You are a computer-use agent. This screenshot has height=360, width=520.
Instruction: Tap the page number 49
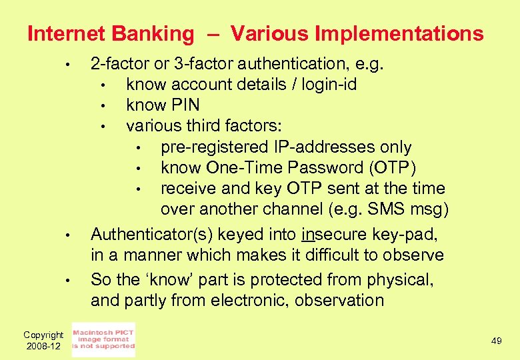click(496, 341)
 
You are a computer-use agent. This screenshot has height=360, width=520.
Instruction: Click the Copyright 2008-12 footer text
click(43, 341)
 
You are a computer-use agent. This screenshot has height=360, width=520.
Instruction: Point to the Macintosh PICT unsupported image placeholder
click(103, 339)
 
